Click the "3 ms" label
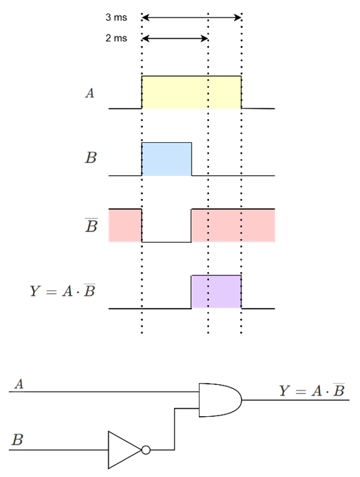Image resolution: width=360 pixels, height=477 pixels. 116,18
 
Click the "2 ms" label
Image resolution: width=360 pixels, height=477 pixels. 116,38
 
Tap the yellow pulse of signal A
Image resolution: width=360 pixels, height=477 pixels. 192,92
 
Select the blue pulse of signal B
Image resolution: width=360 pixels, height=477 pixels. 166,159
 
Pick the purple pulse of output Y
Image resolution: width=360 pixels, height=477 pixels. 217,292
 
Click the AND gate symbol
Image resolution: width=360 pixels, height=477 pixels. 221,400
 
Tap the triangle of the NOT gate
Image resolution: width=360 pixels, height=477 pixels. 125,450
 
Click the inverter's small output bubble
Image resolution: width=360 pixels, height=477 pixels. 146,450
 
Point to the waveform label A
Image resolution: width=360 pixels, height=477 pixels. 90,93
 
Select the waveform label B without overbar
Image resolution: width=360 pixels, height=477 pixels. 91,158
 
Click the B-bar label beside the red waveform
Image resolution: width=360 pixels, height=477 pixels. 91,225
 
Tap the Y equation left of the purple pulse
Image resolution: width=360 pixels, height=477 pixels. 62,290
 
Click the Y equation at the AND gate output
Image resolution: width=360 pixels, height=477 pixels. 312,390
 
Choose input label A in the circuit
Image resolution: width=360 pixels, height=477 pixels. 19,384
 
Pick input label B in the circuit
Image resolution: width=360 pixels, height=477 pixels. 18,440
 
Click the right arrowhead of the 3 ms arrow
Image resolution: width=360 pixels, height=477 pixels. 238,18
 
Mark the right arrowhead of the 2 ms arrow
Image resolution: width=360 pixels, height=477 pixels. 204,39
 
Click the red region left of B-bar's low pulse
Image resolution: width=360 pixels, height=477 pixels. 125,225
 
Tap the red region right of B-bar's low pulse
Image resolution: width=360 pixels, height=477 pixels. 233,225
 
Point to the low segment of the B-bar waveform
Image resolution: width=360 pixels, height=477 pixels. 166,242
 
